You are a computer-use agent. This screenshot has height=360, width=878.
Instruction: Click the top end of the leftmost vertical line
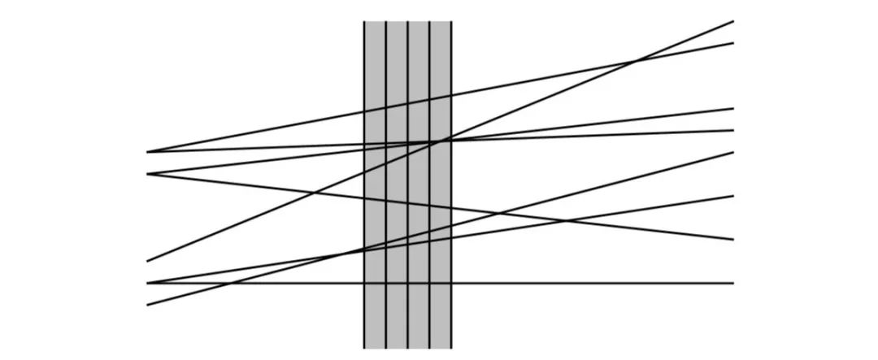coord(364,22)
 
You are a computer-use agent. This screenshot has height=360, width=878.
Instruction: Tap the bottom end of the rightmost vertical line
coord(450,348)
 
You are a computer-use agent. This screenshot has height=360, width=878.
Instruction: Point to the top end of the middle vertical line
coord(407,22)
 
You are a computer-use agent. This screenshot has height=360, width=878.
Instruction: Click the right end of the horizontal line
coord(733,283)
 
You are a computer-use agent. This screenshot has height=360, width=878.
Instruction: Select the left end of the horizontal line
coord(147,283)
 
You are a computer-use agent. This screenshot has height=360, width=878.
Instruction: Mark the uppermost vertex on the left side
coord(147,152)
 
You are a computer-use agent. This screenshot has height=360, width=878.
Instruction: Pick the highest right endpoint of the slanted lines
coord(733,21)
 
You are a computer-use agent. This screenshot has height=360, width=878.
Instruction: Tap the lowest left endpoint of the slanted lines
coord(147,305)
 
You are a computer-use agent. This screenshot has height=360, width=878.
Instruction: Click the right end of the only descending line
coord(733,239)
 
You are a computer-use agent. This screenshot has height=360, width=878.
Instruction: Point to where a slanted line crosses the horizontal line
coord(231,283)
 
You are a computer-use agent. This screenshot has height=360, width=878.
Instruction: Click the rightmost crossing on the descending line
coord(567,219)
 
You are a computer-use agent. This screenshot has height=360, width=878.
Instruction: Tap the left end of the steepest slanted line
coord(147,261)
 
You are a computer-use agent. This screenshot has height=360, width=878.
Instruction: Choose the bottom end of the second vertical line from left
coord(386,348)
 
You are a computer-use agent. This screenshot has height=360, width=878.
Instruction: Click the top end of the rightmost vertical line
coord(450,22)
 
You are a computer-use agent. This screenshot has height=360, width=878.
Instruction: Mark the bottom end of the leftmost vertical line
coord(364,348)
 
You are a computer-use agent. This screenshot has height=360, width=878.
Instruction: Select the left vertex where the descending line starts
coord(147,174)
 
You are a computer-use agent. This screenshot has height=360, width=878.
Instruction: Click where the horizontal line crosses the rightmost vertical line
coord(450,283)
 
